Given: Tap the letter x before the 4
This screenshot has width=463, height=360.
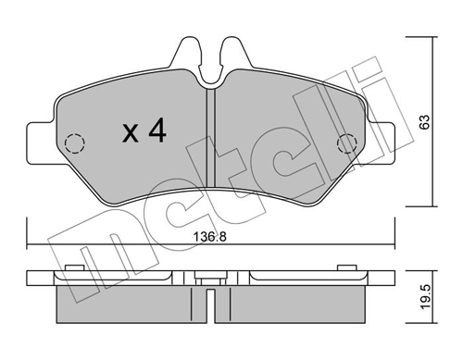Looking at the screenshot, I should coord(131,133).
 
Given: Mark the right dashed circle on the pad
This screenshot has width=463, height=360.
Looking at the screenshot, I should coord(347,143).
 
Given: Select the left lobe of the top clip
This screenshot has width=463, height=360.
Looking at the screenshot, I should coord(189,56).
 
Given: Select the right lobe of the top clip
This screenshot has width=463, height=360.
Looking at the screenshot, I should coord(234,56).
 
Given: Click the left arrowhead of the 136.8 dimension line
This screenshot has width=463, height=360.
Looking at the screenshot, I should coord(31,245).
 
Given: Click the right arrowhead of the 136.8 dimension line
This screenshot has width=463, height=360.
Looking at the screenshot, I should coord(393,245).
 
